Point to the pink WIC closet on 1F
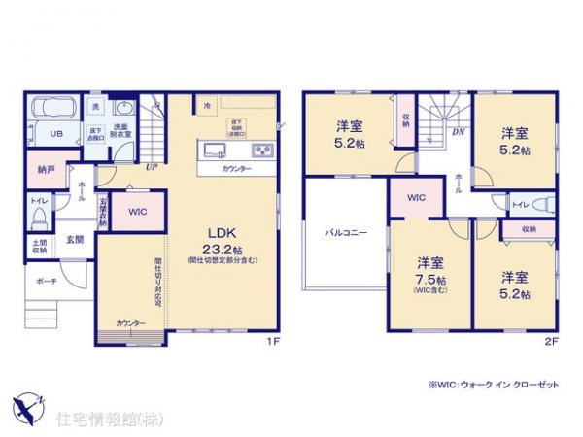point(135,210)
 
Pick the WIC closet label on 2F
point(416,197)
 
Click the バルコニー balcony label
point(345,233)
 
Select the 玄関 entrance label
point(75,238)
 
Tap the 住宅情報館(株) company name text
point(97,420)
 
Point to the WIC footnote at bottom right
point(495,386)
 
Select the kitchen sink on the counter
point(215,151)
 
